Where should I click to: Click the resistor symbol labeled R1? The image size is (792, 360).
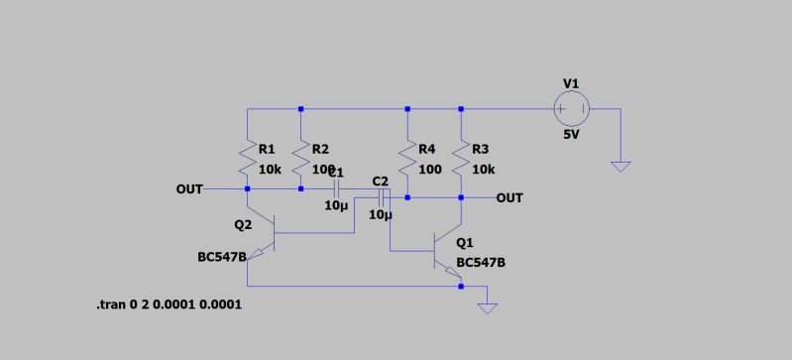pyautogui.click(x=247, y=157)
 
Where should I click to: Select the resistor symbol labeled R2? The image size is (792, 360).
pyautogui.click(x=300, y=157)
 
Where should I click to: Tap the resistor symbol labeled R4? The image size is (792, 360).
pyautogui.click(x=406, y=157)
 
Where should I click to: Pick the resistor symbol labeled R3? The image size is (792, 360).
pyautogui.click(x=461, y=157)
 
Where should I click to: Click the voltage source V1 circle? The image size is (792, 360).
pyautogui.click(x=571, y=108)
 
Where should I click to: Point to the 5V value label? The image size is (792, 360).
pyautogui.click(x=571, y=134)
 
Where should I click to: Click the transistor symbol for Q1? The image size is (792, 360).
pyautogui.click(x=448, y=252)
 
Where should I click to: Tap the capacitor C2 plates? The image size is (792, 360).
pyautogui.click(x=380, y=197)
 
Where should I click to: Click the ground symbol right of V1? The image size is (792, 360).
pyautogui.click(x=621, y=166)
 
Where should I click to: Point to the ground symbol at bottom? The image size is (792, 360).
pyautogui.click(x=486, y=308)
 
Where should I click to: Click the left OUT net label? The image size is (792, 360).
pyautogui.click(x=189, y=188)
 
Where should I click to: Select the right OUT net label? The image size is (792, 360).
pyautogui.click(x=509, y=198)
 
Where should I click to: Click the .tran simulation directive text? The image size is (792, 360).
pyautogui.click(x=169, y=304)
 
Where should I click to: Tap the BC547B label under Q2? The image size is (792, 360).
pyautogui.click(x=222, y=258)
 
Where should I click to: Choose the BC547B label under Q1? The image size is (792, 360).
pyautogui.click(x=481, y=263)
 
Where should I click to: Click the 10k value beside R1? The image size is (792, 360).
pyautogui.click(x=270, y=170)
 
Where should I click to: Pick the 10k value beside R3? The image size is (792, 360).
pyautogui.click(x=484, y=170)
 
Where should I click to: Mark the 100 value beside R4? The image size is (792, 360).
pyautogui.click(x=429, y=170)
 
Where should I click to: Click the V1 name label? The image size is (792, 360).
pyautogui.click(x=570, y=83)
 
